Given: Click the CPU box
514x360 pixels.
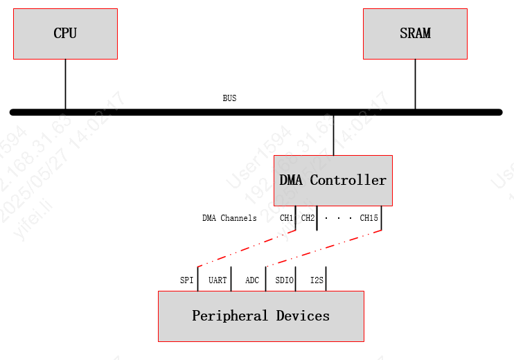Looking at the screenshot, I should tap(65, 33).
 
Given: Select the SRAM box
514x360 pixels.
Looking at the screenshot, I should tap(415, 33).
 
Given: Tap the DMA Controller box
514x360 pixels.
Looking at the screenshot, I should tap(333, 180).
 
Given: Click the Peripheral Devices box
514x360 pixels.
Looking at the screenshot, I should tap(260, 316).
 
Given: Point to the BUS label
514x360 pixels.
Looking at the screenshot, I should tap(229, 98).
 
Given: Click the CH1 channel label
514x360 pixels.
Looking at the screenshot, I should tap(287, 218).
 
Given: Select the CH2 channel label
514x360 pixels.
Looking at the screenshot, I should tap(308, 218).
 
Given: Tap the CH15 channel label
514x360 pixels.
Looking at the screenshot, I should tap(369, 218).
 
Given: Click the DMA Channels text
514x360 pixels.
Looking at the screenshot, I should tap(229, 218).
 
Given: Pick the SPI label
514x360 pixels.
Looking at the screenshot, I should tap(186, 280).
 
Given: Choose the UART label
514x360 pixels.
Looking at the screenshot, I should tap(218, 280).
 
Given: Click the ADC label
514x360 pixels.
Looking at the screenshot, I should tap(252, 280).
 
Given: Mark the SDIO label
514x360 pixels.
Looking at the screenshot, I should tap(284, 280).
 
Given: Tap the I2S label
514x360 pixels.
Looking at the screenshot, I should tap(316, 280).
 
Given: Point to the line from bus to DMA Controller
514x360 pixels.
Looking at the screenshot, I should tap(333, 135).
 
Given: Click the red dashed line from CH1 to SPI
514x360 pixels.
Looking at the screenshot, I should tap(247, 249).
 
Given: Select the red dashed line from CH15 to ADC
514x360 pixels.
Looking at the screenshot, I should tap(323, 249).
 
